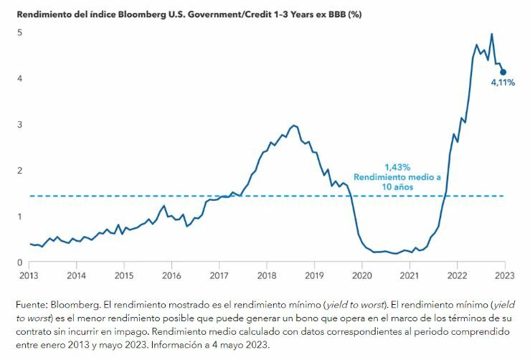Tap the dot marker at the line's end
pyautogui.click(x=503, y=72)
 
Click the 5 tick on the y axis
pyautogui.click(x=20, y=32)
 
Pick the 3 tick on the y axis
pyautogui.click(x=20, y=124)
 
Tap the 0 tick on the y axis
pyautogui.click(x=20, y=262)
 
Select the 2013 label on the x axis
pyautogui.click(x=29, y=275)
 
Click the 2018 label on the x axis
pyautogui.click(x=266, y=275)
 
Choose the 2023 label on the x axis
pyautogui.click(x=503, y=275)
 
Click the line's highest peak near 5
pyautogui.click(x=491, y=34)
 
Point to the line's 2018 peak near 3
pyautogui.click(x=294, y=125)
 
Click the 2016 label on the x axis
pyautogui.click(x=171, y=275)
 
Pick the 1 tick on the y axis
pyautogui.click(x=20, y=217)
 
